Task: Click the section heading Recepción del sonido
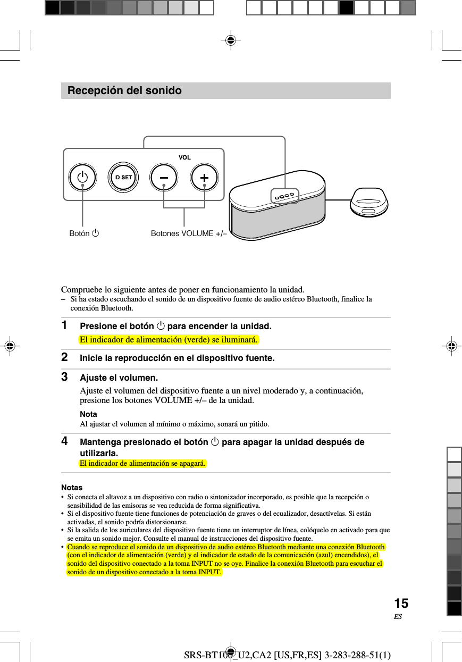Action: coord(124,91)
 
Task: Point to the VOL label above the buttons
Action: coord(184,158)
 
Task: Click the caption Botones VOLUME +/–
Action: coord(189,233)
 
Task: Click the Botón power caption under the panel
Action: coord(85,233)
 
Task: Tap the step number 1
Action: coord(64,325)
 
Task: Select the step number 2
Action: coord(64,358)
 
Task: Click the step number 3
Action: coord(64,378)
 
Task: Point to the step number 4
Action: coord(64,441)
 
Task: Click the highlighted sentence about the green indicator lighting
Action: coord(169,340)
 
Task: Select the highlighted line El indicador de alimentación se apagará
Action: coord(142,464)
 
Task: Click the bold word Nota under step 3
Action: coord(88,414)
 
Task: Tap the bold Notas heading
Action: coord(72,487)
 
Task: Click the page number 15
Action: coord(401,604)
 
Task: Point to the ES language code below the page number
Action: coord(398,617)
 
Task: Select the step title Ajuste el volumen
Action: coord(119,378)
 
